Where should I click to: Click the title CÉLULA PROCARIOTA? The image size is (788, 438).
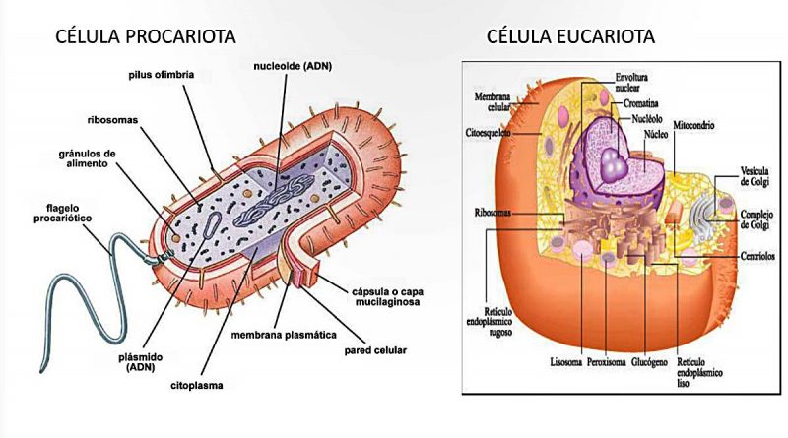point(145,36)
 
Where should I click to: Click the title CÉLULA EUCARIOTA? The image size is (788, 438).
point(570,36)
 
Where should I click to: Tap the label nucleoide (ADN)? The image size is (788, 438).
point(293,66)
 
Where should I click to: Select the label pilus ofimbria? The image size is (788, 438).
point(161,75)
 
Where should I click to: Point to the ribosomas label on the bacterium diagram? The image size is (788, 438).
point(112,120)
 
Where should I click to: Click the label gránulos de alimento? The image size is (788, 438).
point(87,158)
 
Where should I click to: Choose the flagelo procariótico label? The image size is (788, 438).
point(63,213)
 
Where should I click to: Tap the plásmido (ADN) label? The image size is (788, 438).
point(141,362)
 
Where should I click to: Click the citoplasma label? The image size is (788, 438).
point(196,386)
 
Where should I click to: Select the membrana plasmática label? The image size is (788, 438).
point(284,335)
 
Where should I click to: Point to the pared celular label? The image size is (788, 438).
point(375,350)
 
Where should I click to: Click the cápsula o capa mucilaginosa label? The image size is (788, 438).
point(387,297)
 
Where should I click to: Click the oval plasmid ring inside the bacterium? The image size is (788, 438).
point(211,224)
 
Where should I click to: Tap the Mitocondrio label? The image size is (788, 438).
point(693,125)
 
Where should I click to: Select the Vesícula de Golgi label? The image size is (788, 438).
point(755,176)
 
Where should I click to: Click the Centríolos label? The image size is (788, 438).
point(757,256)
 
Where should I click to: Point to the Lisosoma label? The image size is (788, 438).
point(565,362)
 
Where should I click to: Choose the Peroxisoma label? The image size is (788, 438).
point(607,362)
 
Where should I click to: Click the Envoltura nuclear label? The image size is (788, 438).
point(631,82)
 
